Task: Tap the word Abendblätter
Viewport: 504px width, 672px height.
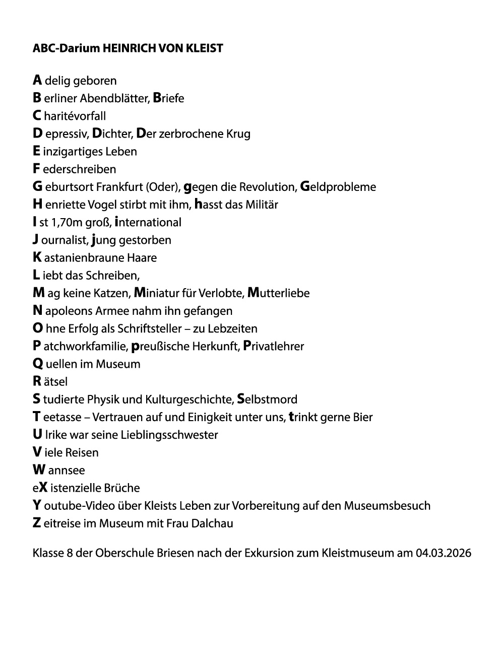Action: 115,98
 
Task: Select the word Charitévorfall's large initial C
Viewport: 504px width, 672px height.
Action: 37,116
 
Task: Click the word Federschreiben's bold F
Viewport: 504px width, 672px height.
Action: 36,169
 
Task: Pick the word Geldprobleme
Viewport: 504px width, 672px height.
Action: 338,187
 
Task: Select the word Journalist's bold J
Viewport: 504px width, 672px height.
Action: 36,240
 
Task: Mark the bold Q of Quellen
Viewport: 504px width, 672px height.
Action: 38,364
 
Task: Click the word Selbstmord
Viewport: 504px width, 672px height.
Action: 267,399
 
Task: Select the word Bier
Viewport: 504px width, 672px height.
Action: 362,417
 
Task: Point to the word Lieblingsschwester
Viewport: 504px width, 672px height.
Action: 169,435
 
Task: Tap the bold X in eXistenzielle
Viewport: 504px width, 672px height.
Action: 43,488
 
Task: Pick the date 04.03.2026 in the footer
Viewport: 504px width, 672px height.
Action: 443,553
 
